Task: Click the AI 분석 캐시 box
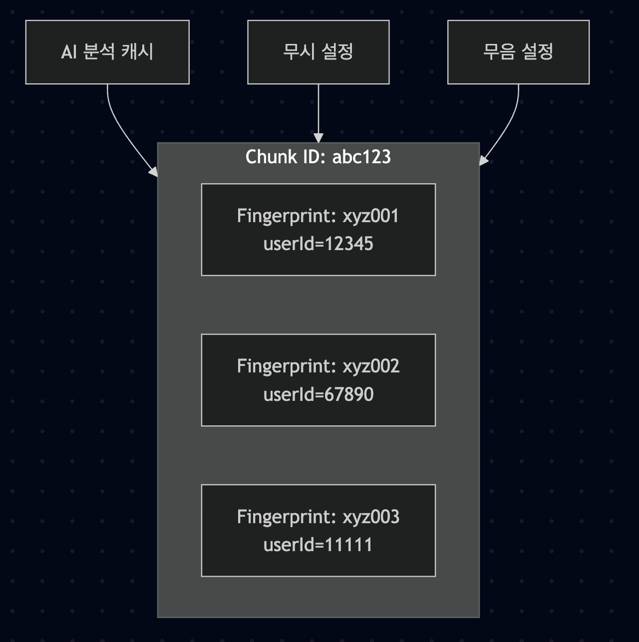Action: point(107,52)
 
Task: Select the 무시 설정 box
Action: point(318,52)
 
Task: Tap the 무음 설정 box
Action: point(518,52)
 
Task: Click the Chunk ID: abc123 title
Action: point(318,157)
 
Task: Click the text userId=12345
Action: point(318,244)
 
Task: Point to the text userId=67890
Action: point(318,395)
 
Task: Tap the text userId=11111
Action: point(318,545)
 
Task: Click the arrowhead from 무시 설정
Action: point(318,138)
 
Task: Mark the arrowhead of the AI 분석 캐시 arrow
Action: point(154,172)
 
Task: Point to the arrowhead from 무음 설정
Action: point(483,160)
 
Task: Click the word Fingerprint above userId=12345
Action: point(286,216)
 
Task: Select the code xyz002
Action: point(371,366)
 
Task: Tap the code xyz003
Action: point(371,517)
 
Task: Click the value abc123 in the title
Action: point(361,157)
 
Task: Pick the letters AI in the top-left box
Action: point(69,52)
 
